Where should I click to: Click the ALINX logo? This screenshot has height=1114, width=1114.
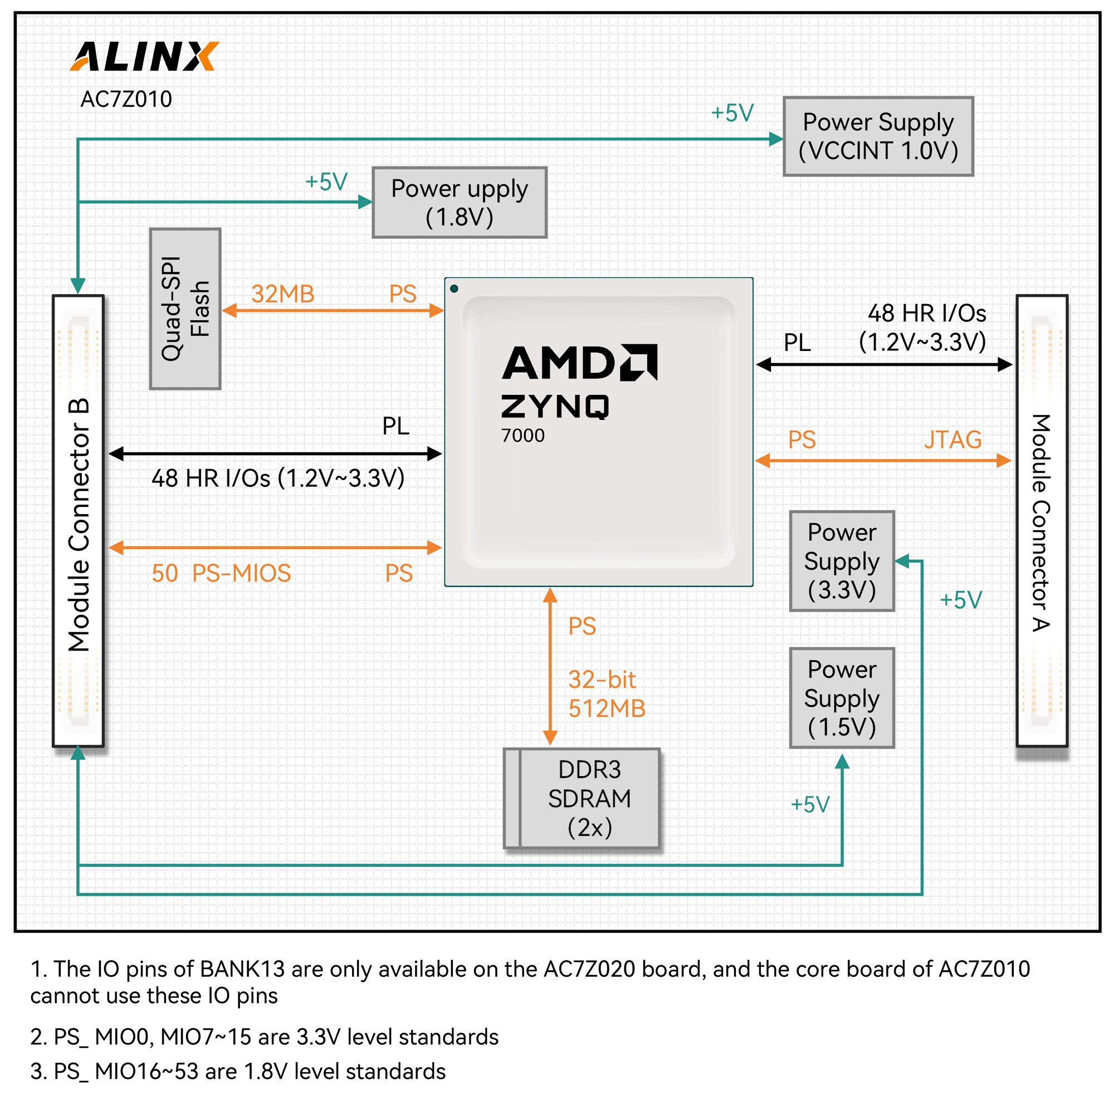tap(144, 56)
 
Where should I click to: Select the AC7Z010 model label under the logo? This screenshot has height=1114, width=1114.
tap(126, 99)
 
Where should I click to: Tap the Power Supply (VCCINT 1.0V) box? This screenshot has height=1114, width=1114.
tap(878, 136)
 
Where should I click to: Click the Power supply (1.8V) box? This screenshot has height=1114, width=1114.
tap(460, 202)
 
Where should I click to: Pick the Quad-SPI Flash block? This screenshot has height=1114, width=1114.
tap(185, 309)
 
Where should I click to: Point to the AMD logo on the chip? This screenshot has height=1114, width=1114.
tap(579, 363)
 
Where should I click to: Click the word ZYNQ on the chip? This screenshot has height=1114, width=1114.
tap(555, 407)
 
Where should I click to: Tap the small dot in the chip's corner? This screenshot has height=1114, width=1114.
tap(454, 289)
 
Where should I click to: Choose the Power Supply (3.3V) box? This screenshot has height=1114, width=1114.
tap(842, 560)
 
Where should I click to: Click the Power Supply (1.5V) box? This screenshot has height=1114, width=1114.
tap(842, 698)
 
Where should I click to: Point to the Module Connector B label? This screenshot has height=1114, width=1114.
tap(79, 525)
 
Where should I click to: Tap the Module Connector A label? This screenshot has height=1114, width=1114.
tap(1042, 523)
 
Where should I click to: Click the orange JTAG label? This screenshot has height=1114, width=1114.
tap(952, 439)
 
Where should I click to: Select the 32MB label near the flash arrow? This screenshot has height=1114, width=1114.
tap(282, 294)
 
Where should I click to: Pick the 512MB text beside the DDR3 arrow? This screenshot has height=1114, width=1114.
tap(607, 708)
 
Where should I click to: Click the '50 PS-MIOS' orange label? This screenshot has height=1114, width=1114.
tap(222, 573)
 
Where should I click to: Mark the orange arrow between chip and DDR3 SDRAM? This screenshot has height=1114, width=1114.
tap(551, 667)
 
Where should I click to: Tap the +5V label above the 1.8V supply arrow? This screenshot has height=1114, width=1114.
tap(326, 182)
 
